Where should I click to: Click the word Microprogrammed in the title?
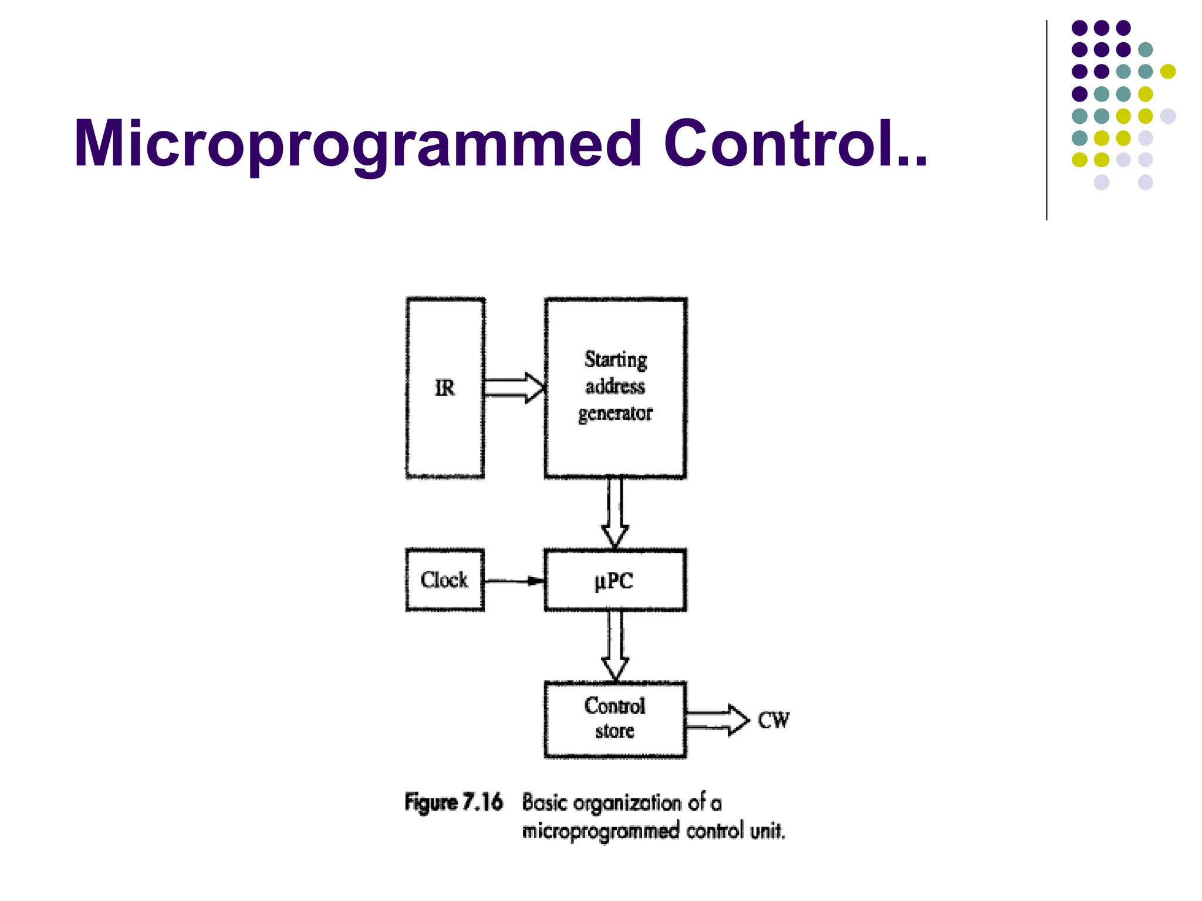click(358, 144)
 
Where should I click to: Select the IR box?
click(445, 388)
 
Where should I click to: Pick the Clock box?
click(445, 580)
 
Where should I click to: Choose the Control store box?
click(615, 719)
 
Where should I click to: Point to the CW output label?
click(774, 720)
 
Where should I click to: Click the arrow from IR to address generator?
click(514, 388)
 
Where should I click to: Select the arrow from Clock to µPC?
click(514, 581)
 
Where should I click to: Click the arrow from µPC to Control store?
click(615, 645)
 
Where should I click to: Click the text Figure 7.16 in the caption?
click(454, 802)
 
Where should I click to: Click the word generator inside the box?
click(615, 414)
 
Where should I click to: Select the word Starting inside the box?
click(616, 360)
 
